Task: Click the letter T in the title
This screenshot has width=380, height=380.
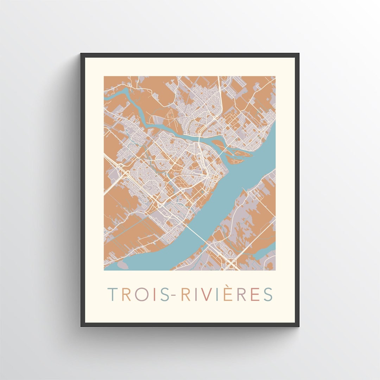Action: (113, 294)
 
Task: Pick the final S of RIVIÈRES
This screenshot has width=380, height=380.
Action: (268, 294)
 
